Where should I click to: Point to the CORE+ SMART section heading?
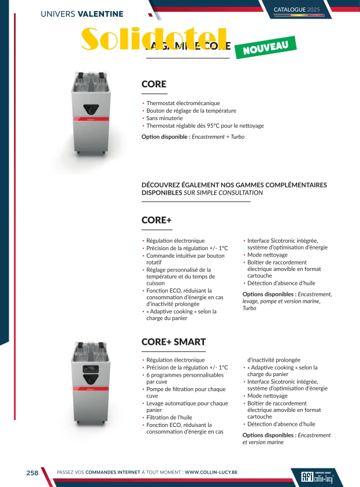173,342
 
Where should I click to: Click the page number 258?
32,473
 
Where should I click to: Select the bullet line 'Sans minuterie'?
165,118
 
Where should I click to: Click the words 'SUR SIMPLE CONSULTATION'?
223,193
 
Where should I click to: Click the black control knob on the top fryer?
90,108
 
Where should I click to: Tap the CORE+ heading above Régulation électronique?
157,220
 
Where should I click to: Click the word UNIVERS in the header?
58,13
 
